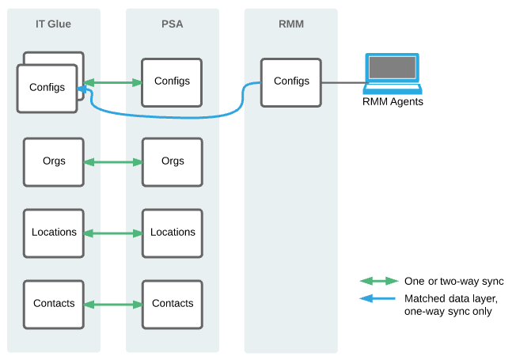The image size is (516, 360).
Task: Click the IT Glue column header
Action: [x=53, y=24]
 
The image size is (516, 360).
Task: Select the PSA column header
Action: [x=172, y=24]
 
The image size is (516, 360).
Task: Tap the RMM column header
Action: [x=291, y=24]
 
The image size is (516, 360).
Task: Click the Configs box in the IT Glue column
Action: [x=47, y=88]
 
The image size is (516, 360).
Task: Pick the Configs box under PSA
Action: [x=172, y=81]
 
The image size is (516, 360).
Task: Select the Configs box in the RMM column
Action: [x=291, y=81]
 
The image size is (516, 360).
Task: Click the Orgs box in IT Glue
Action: [x=54, y=161]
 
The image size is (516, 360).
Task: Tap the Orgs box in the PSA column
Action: [x=172, y=161]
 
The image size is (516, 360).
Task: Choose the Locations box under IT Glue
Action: [x=54, y=233]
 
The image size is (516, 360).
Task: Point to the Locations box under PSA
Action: [x=172, y=233]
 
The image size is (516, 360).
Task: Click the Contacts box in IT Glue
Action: [x=54, y=304]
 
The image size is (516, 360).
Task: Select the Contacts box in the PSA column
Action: [x=172, y=304]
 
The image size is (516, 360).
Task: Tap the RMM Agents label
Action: [x=393, y=101]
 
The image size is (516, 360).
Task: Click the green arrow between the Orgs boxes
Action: [x=112, y=162]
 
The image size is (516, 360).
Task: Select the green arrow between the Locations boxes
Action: [x=112, y=233]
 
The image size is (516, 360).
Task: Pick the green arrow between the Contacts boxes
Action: [x=112, y=305]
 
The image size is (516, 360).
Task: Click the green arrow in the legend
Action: [x=378, y=281]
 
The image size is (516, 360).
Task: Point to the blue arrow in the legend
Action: [x=378, y=299]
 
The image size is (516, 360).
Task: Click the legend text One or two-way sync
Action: [x=453, y=281]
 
